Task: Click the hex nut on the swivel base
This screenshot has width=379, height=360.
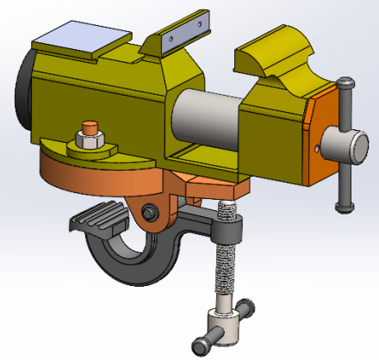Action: pos(88,140)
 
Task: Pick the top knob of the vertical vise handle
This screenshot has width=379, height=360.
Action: pos(346,85)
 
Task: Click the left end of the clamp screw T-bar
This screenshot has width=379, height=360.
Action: pos(204,345)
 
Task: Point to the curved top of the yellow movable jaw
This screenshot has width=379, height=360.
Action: pos(276,56)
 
